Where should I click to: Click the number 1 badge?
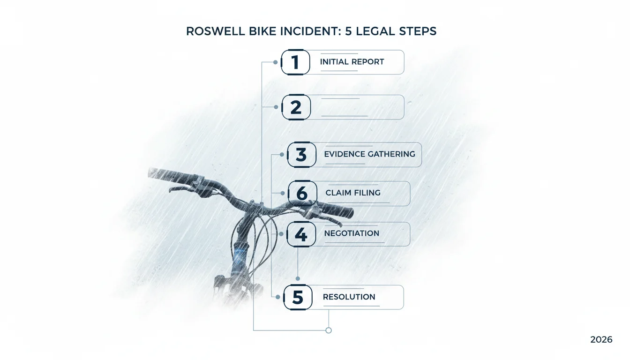(x=295, y=62)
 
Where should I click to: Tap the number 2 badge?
(x=296, y=107)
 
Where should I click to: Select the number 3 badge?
(x=301, y=154)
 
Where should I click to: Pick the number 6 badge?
(x=302, y=193)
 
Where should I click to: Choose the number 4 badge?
(x=301, y=234)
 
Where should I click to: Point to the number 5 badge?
(x=298, y=297)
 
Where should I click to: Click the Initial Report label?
(x=352, y=62)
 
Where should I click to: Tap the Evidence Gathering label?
(x=369, y=154)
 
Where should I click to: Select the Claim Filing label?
(x=353, y=193)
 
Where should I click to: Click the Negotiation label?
(x=352, y=233)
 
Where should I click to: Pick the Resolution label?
(x=349, y=297)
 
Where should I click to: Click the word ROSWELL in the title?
(x=216, y=31)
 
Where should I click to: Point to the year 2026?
(x=601, y=340)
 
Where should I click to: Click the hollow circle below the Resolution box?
(x=329, y=330)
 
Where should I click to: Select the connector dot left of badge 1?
(x=275, y=62)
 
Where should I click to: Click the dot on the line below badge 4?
(x=298, y=279)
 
